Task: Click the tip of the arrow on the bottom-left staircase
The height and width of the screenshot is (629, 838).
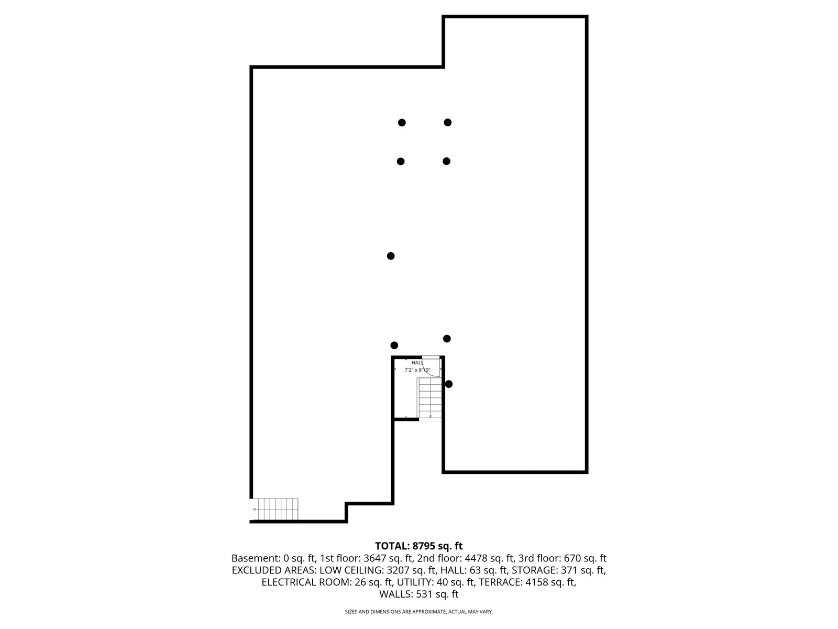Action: tap(253, 509)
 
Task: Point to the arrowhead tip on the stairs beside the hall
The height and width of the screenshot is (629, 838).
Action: tap(431, 417)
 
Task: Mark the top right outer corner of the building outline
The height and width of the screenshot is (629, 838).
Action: tap(588, 15)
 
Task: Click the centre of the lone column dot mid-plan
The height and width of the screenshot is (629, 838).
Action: tap(391, 256)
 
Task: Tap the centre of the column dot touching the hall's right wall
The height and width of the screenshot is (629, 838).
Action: tap(449, 384)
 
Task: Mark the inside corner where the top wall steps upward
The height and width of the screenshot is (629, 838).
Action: tap(443, 67)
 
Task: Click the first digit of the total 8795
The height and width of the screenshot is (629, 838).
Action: tap(415, 546)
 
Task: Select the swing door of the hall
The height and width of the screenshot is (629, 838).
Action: tap(432, 366)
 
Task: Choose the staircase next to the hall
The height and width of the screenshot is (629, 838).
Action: tap(431, 399)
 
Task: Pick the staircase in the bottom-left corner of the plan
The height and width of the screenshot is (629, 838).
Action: tap(274, 509)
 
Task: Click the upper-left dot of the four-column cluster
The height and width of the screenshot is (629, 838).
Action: tap(402, 123)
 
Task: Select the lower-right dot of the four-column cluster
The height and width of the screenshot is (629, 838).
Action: tap(446, 161)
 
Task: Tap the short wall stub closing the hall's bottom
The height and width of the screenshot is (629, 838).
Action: tap(406, 419)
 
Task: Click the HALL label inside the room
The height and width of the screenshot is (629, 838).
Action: tap(417, 362)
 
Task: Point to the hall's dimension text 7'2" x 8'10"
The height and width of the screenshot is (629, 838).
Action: tap(417, 370)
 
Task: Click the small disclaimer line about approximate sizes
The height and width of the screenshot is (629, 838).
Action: tap(419, 612)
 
